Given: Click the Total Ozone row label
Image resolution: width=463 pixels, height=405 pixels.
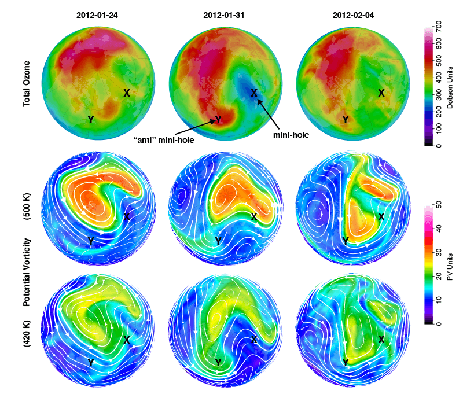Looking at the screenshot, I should tap(27, 84).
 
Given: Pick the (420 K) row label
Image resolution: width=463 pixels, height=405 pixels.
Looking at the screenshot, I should tap(27, 337).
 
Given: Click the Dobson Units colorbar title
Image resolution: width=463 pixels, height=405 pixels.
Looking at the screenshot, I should tap(449, 84).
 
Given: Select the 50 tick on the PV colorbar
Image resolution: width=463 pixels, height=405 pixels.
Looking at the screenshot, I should tap(439, 205).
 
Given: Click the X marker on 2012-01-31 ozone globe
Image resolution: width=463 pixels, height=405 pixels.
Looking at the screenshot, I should tap(253, 93).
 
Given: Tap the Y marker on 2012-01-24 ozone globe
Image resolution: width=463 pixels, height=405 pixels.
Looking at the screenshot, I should tap(91, 119).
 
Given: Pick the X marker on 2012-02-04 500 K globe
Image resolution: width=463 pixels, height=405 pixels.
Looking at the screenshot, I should tap(381, 216).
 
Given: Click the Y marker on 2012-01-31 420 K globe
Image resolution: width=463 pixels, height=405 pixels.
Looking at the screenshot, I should tap(218, 362).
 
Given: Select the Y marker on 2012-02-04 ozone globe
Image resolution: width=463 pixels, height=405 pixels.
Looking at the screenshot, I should tap(346, 119).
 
